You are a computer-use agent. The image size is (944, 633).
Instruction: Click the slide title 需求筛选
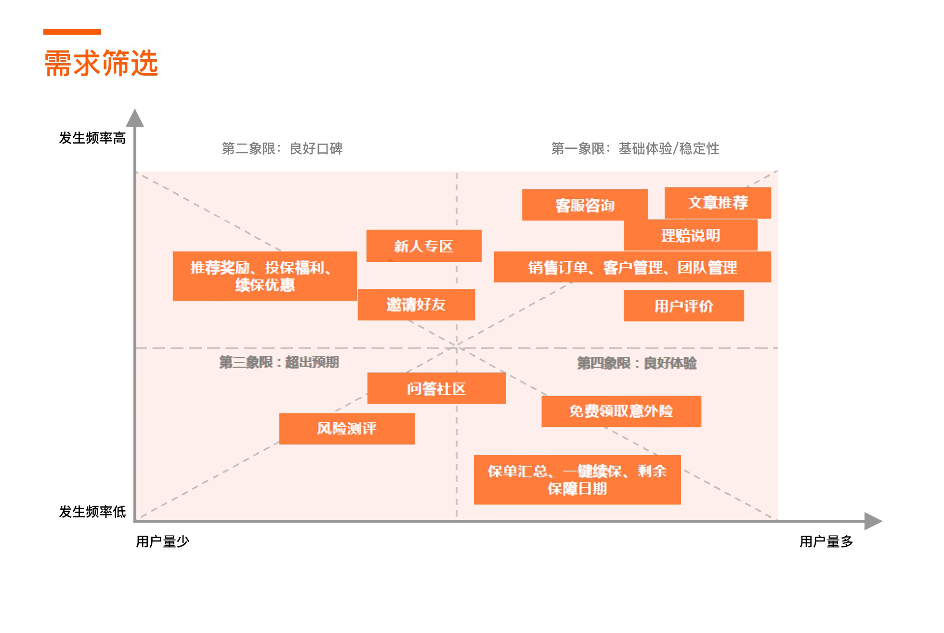(x=101, y=63)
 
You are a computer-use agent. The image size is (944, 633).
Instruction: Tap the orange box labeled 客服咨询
(x=585, y=205)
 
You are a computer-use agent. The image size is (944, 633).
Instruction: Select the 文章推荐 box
(x=718, y=203)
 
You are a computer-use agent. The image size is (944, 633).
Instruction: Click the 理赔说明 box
(x=690, y=236)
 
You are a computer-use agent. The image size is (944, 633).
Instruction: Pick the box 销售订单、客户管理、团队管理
(x=632, y=267)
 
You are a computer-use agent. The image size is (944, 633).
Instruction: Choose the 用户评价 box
(x=683, y=306)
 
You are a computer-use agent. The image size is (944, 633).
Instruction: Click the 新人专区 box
(x=424, y=246)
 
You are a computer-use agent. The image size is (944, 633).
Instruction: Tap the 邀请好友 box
(x=416, y=304)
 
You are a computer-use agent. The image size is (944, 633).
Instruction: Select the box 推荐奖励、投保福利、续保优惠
(x=264, y=276)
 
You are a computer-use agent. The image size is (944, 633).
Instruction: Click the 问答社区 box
(x=436, y=388)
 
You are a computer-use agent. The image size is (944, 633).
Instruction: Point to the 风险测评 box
(x=347, y=429)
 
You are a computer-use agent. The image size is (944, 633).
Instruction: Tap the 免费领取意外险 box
(x=621, y=411)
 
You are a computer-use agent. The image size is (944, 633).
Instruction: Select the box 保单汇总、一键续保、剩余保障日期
(x=577, y=480)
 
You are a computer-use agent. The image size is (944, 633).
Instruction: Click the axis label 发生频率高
(x=92, y=138)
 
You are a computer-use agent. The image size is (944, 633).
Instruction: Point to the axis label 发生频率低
(x=92, y=512)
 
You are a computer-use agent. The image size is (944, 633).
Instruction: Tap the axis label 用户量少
(x=163, y=542)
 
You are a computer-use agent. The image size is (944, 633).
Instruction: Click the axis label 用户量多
(x=826, y=542)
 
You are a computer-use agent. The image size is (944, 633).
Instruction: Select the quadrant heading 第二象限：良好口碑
(x=282, y=148)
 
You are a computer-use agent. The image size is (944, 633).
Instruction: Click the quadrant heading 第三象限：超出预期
(x=279, y=362)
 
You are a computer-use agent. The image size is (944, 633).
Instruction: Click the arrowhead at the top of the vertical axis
(x=135, y=118)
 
